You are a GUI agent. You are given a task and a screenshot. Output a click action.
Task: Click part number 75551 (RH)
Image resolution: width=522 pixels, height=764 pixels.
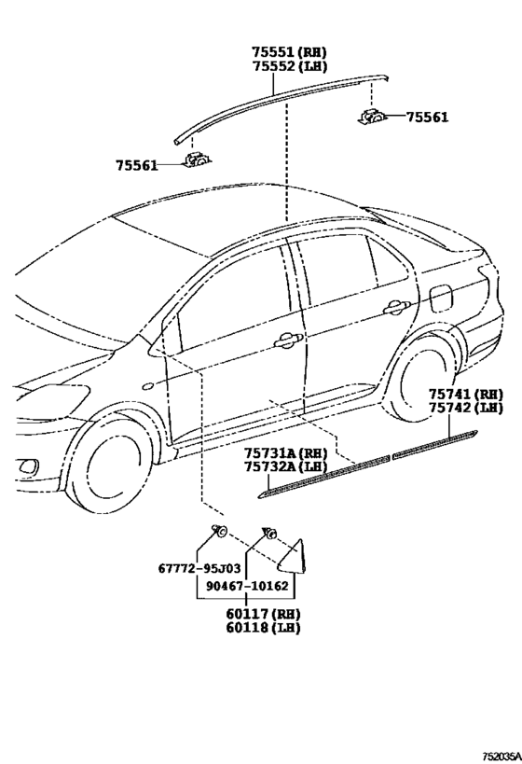click(x=289, y=52)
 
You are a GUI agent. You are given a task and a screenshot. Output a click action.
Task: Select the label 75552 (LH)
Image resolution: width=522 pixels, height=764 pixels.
click(x=289, y=66)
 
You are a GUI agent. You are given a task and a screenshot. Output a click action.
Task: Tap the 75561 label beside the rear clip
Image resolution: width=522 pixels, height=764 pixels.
click(x=427, y=117)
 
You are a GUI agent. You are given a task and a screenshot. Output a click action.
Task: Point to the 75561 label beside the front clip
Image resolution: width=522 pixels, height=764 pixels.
click(x=137, y=166)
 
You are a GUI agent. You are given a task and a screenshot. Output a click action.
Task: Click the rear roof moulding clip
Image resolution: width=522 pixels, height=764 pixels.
click(x=373, y=117)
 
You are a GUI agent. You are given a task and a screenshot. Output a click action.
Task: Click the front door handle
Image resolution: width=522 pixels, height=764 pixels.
click(x=288, y=341)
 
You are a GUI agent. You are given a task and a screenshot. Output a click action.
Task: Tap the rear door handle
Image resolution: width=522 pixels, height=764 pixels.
click(x=397, y=308)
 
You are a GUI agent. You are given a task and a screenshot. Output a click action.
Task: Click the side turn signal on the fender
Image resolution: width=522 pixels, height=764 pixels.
click(x=146, y=387)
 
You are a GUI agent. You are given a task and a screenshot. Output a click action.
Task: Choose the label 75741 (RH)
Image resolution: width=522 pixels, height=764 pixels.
click(x=465, y=394)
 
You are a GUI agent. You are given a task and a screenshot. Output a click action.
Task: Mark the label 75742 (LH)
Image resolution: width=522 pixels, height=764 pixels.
click(x=465, y=408)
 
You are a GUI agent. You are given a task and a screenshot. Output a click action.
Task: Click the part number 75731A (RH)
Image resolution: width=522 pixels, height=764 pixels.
click(x=285, y=452)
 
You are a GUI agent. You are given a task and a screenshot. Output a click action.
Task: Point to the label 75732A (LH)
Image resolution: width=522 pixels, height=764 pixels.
click(x=285, y=466)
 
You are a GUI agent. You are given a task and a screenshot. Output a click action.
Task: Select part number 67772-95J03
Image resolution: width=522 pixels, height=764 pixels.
click(x=199, y=568)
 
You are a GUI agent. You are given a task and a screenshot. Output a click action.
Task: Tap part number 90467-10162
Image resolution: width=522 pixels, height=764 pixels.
click(x=247, y=586)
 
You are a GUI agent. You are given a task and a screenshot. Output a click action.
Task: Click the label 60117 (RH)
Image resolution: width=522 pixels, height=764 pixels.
click(x=263, y=614)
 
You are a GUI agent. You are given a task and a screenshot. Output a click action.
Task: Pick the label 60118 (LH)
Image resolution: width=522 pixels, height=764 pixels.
click(x=263, y=627)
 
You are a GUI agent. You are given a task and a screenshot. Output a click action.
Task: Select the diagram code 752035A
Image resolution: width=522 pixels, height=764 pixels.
click(x=501, y=757)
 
